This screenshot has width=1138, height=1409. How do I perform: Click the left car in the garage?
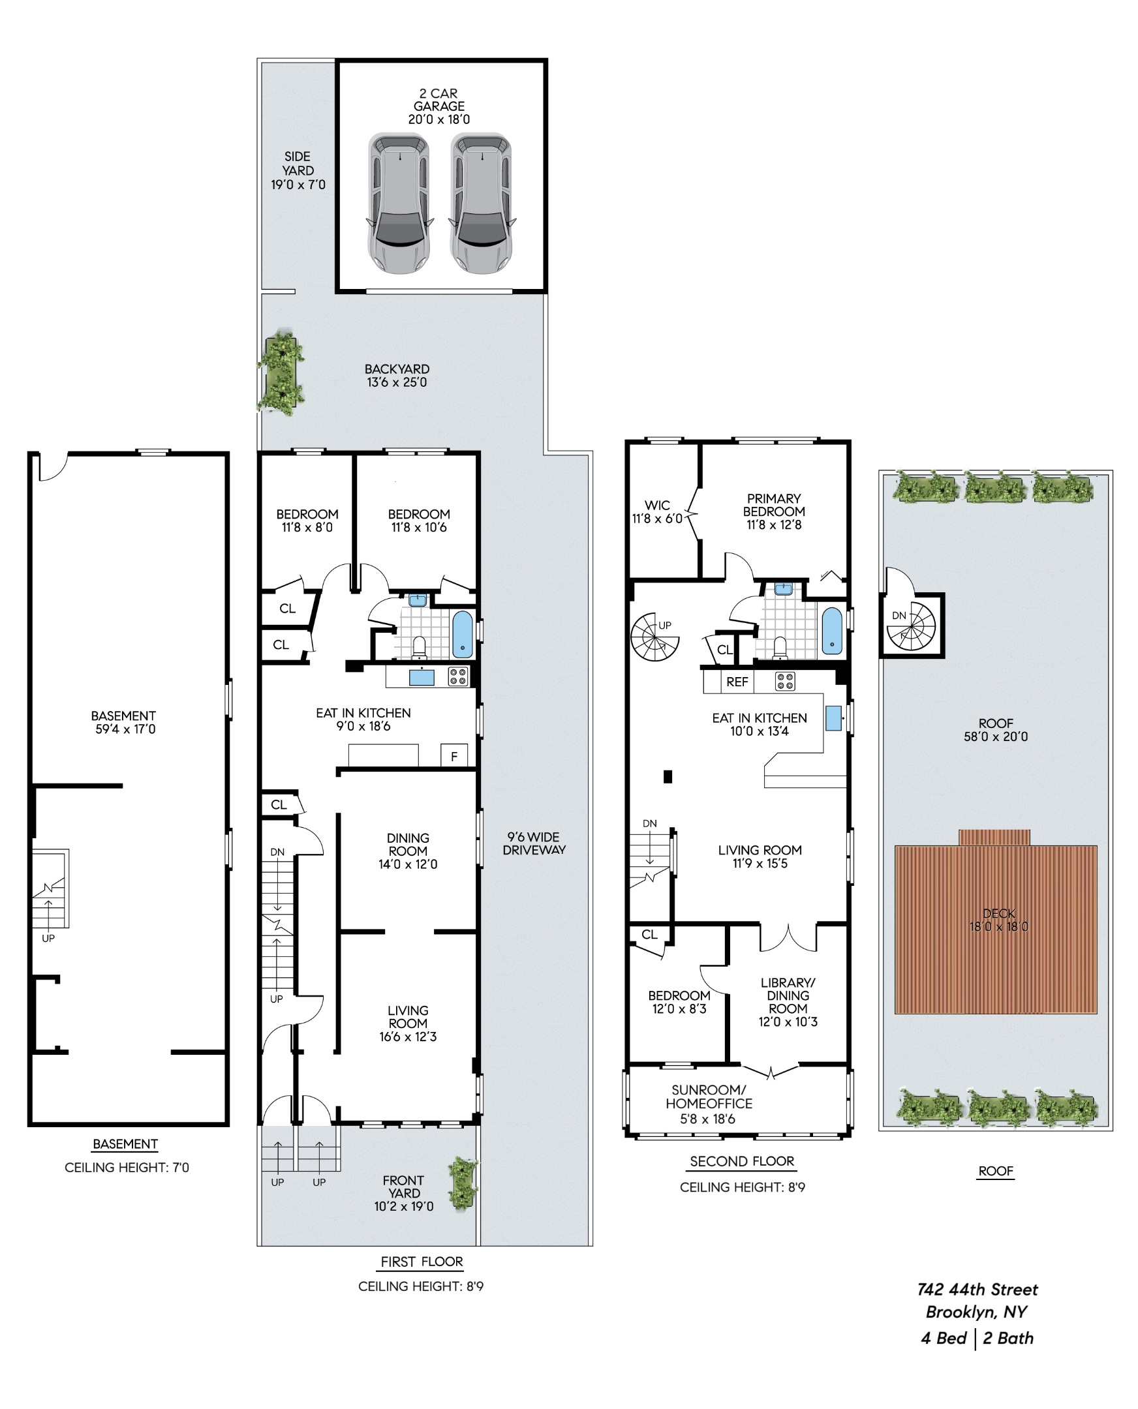399,203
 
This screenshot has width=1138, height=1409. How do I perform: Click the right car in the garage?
482,203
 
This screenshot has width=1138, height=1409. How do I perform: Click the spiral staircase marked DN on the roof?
912,626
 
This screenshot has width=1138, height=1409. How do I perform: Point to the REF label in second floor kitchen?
737,682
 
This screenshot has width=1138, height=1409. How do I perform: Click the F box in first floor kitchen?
454,755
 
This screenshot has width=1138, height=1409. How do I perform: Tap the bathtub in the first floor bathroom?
462,635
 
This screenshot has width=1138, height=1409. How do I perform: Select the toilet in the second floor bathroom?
779,648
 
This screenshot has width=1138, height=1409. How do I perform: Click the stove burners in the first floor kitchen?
457,676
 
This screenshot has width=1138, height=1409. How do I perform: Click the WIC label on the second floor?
657,506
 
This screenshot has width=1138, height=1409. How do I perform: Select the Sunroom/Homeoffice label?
709,1097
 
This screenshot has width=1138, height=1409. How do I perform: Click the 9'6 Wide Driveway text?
534,843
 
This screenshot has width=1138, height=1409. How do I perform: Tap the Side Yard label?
298,170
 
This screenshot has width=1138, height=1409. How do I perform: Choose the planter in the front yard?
463,1185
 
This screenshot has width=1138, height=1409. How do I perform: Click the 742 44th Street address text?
977,1290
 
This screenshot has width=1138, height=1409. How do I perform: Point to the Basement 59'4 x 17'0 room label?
124,722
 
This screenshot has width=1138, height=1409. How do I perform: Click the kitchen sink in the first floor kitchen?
421,677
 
